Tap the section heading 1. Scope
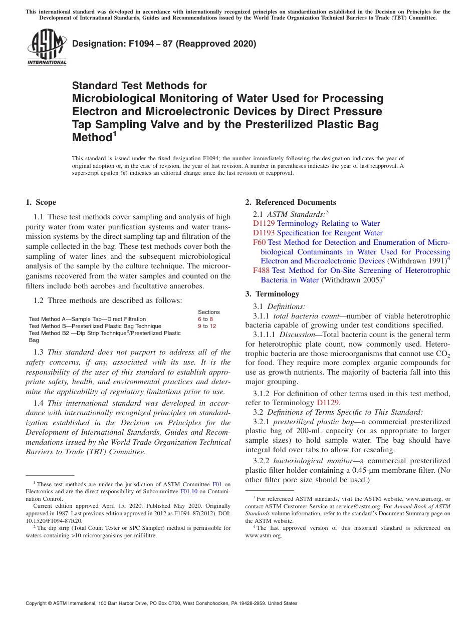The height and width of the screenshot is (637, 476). tap(41, 202)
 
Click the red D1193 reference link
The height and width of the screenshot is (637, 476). tap(264, 233)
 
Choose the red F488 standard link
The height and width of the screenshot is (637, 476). tap(262, 270)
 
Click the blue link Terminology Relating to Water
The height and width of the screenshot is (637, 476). tap(328, 223)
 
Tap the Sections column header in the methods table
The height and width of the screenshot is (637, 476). tap(209, 312)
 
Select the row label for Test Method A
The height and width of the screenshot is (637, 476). tap(87, 319)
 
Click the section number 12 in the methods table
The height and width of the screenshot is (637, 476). tap(213, 326)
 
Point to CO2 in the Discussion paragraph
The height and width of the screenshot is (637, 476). tap(442, 354)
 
